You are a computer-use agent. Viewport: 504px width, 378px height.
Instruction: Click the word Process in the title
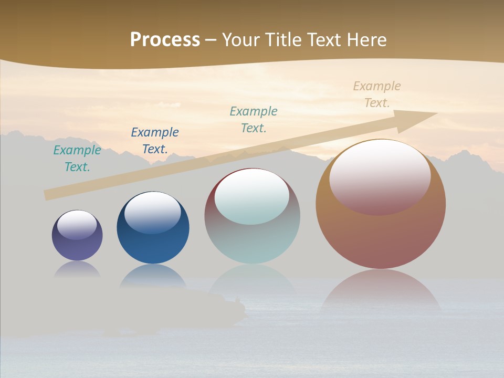tap(165, 40)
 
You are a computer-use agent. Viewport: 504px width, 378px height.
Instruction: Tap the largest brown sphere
tap(381, 236)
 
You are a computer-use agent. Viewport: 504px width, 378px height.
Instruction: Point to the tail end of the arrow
tap(47, 195)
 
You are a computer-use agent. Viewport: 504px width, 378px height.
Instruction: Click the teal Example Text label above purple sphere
tap(77, 159)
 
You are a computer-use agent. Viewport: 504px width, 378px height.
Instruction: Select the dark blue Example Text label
tap(155, 141)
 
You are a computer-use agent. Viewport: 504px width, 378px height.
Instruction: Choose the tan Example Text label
tap(377, 94)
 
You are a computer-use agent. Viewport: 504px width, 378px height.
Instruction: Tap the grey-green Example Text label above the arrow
tap(254, 120)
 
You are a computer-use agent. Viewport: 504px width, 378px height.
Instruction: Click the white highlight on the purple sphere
tap(77, 225)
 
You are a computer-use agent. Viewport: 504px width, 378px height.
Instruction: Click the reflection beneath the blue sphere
tap(153, 276)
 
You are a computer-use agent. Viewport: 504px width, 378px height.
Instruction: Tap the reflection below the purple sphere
tap(78, 269)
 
